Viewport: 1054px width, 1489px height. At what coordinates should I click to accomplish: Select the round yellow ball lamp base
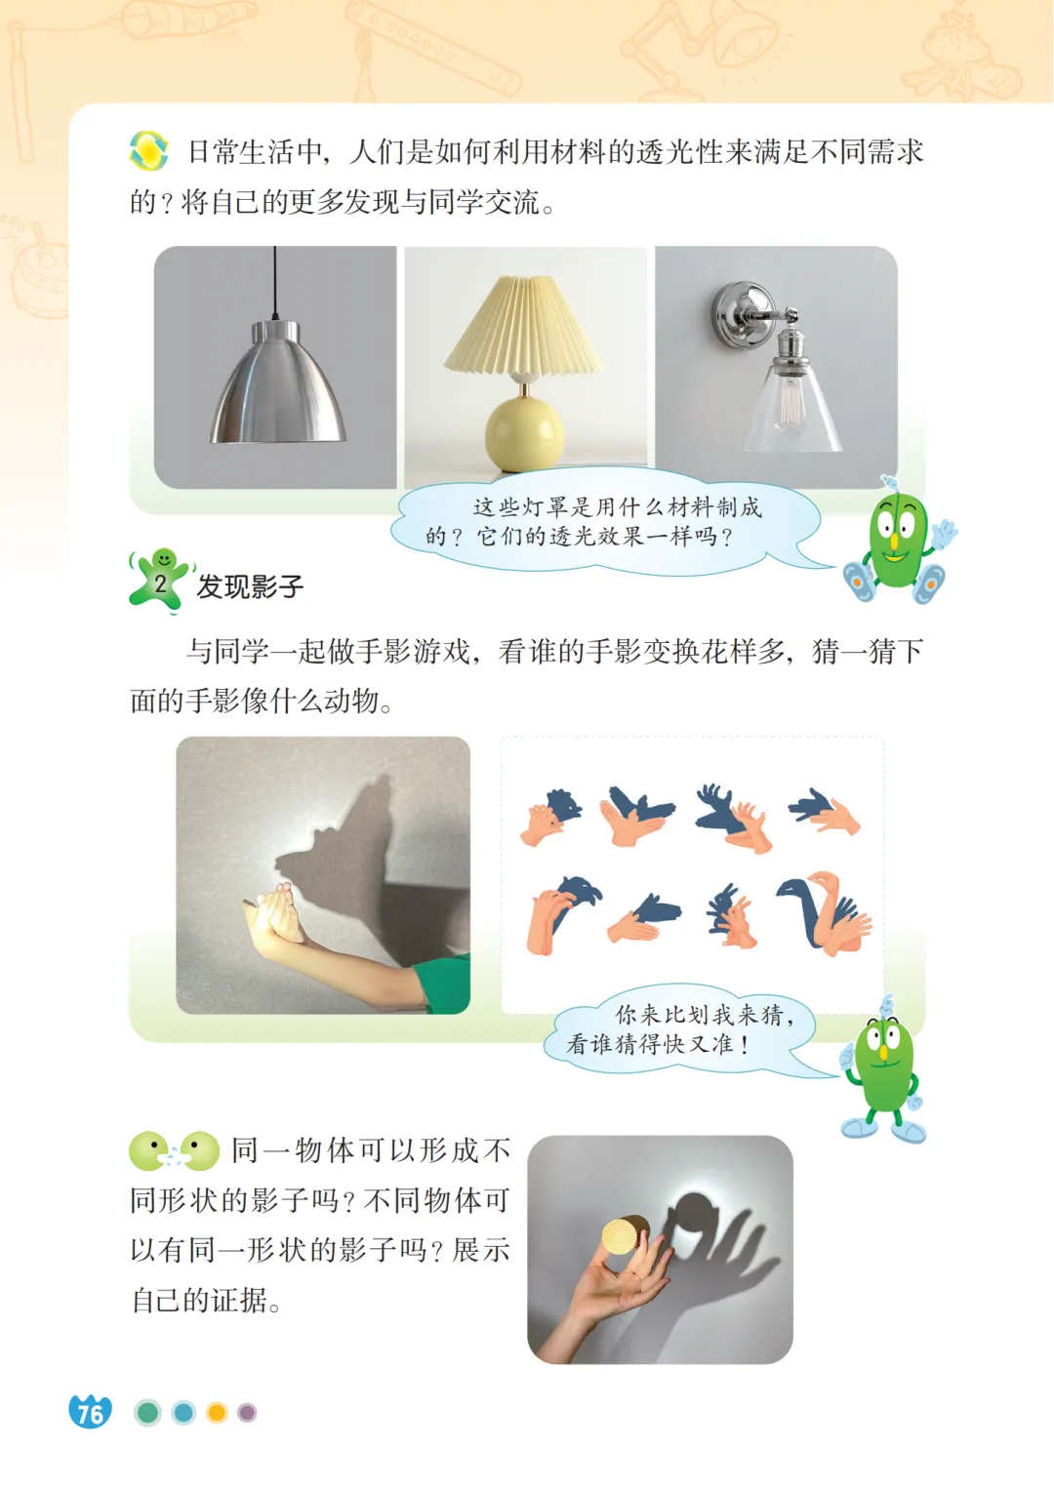tap(525, 432)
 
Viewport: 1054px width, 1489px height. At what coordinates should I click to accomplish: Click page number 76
tap(90, 1412)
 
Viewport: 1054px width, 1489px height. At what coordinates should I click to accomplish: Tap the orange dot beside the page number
tap(217, 1412)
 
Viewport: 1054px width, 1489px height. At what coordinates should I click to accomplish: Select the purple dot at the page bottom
tap(247, 1412)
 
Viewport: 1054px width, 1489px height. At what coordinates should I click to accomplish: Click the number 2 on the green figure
tap(160, 584)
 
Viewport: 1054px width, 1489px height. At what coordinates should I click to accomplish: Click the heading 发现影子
tap(250, 587)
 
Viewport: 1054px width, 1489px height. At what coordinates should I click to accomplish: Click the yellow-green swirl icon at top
tap(148, 151)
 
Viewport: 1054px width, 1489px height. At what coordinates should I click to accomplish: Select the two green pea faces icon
tap(175, 1150)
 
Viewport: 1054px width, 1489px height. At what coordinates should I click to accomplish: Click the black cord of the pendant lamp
tap(274, 284)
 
